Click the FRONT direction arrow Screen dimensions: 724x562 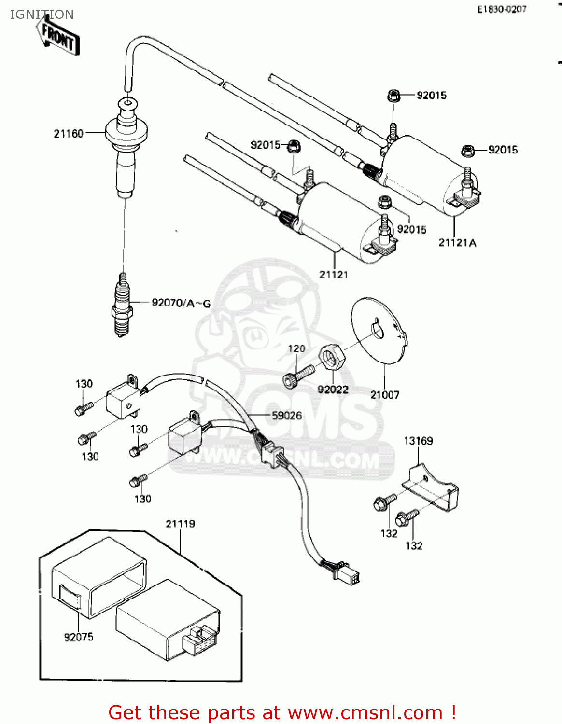click(x=58, y=37)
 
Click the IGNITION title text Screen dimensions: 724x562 click(x=42, y=14)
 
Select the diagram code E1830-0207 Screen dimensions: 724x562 click(x=502, y=9)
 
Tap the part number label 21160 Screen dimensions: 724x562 click(x=69, y=134)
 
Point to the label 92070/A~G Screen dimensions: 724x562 click(x=181, y=303)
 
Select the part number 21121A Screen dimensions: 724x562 click(x=457, y=243)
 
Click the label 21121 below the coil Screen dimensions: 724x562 click(x=333, y=274)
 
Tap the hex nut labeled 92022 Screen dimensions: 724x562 click(x=331, y=358)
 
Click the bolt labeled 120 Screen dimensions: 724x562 click(x=298, y=376)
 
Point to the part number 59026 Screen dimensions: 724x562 click(x=286, y=416)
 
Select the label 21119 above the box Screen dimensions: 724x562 click(x=180, y=524)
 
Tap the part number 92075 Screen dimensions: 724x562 click(x=78, y=637)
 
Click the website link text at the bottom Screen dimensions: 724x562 click(x=282, y=712)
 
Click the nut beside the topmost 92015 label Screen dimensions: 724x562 click(x=393, y=96)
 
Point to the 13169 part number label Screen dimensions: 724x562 click(x=418, y=441)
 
